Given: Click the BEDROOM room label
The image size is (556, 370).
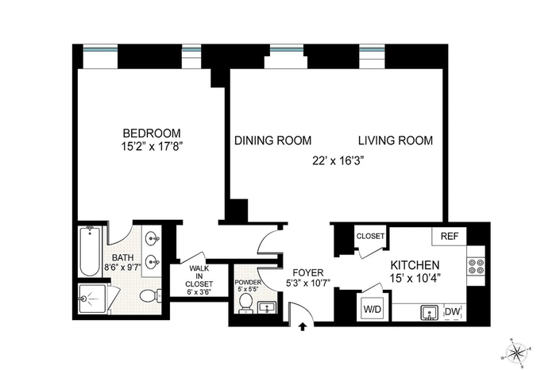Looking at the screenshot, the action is click(152, 133).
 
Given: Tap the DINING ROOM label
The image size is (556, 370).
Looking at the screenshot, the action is click(272, 141).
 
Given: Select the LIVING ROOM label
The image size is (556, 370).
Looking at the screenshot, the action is click(396, 141).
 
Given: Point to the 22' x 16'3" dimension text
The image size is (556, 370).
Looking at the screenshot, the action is click(338, 161).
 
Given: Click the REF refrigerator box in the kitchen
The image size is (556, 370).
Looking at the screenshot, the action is click(450, 236).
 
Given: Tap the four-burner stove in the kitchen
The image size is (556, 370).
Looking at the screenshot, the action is click(477, 267).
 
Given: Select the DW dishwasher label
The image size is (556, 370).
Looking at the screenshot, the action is click(452, 312).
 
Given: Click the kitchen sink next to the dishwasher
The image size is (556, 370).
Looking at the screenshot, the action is click(429, 313).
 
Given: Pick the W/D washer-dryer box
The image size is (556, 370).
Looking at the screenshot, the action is click(373, 309).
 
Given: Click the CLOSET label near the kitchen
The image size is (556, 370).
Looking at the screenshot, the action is click(371, 236).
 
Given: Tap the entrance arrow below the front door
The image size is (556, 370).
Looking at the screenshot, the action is click(302, 326).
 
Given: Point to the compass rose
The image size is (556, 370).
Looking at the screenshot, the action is click(516, 353).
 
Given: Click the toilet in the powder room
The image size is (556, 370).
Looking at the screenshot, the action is click(245, 304).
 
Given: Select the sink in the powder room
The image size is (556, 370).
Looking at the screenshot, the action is click(267, 307).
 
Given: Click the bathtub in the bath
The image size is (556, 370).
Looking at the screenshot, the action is click(90, 251).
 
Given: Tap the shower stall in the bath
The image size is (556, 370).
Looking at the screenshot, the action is click(92, 299).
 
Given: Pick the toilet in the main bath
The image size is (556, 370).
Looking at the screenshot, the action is click(150, 295).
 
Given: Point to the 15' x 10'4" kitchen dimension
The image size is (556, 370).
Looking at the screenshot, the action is click(415, 278).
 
